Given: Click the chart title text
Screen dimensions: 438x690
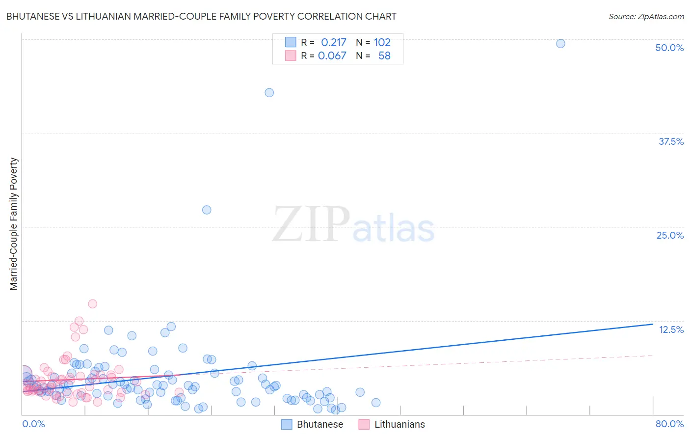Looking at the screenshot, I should (x=201, y=16).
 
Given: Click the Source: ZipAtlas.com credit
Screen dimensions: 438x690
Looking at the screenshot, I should (x=646, y=16).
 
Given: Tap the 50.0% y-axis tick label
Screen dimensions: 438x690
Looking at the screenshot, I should (x=669, y=48).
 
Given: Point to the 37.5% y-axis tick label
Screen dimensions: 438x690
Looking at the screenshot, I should (x=671, y=141).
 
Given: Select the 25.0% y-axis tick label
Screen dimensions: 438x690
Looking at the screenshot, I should (x=670, y=235).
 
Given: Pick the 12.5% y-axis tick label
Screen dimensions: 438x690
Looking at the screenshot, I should (x=671, y=329).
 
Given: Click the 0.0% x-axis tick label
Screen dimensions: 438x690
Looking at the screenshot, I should (x=33, y=424).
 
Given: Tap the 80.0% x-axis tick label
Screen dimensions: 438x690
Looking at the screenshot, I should (x=669, y=424).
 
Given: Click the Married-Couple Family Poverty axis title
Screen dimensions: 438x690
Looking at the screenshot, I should (x=14, y=224).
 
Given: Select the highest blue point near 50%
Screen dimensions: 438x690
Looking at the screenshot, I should (x=560, y=43).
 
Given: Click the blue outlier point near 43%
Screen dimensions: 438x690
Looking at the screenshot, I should (x=269, y=92).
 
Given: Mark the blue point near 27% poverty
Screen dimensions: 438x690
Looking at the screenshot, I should (x=207, y=210).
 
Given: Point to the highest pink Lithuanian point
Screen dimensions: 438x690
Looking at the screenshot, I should (x=92, y=303).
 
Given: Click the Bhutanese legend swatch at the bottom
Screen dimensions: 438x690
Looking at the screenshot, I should (x=287, y=424).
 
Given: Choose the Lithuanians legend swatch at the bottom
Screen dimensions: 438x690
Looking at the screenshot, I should (x=364, y=424).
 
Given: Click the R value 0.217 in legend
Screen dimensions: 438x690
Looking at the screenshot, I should (x=333, y=43).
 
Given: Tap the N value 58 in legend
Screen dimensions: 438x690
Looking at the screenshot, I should (x=384, y=56).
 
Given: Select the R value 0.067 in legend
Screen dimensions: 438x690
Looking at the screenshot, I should (x=332, y=56).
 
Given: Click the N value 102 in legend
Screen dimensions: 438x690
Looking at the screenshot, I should (x=382, y=43).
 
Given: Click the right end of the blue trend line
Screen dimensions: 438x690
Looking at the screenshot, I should (x=653, y=324).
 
